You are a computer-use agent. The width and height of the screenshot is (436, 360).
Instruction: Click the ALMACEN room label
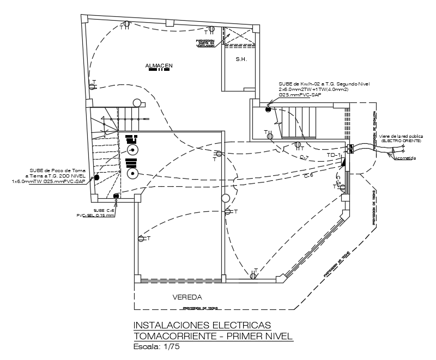159,66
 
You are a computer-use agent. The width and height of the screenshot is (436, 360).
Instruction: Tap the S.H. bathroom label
241,59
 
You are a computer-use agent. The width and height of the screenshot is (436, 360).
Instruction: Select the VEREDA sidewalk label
187,297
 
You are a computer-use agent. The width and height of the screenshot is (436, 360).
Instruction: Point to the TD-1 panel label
334,155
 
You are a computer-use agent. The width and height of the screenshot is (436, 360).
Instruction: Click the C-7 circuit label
304,158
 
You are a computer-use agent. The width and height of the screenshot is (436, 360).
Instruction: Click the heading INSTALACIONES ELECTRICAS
202,325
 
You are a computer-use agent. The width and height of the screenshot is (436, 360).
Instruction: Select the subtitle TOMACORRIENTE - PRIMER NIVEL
213,336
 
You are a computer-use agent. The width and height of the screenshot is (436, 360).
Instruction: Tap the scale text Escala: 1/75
156,346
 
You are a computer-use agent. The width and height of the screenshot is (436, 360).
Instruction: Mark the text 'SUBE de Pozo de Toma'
57,170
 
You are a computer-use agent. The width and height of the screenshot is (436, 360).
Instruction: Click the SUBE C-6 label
104,210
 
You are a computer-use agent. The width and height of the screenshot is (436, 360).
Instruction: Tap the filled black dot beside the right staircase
268,110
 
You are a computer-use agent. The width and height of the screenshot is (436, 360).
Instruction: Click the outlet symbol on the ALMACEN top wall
126,24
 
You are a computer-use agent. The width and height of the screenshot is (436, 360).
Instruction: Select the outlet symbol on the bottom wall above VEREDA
253,276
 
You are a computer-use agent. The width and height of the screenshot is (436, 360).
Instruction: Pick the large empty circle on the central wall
225,200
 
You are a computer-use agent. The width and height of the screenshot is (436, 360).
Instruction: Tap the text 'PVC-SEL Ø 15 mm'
96,216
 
